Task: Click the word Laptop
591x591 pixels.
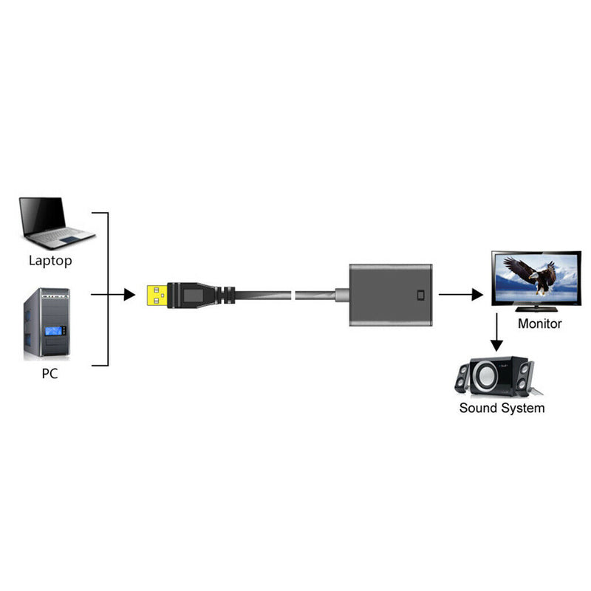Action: [50, 260]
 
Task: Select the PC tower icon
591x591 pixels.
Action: [46, 324]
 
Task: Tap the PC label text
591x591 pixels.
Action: [49, 374]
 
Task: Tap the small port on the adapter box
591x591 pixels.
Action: [421, 295]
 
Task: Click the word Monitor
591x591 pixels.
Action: [539, 324]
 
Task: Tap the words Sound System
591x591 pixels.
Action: [502, 408]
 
